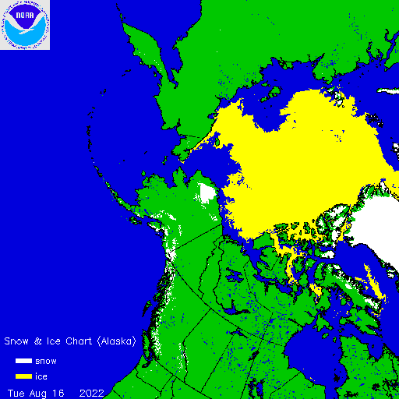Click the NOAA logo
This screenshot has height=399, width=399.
point(25,25)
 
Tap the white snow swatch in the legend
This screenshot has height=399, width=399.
point(24,361)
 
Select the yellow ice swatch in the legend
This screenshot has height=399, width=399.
point(24,376)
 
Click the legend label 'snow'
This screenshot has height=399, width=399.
point(46,361)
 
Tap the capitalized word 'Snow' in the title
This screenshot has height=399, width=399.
point(18,341)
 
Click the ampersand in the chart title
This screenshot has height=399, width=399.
point(44,341)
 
